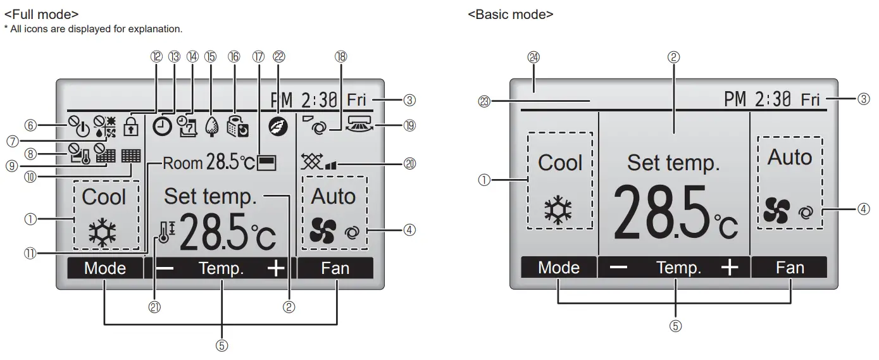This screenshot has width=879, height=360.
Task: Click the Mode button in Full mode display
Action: tap(105, 268)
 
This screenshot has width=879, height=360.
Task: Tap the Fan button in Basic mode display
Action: tap(790, 268)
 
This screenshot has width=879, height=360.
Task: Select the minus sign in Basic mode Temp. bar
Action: tap(618, 268)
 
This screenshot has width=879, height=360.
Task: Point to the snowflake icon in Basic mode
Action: tap(558, 211)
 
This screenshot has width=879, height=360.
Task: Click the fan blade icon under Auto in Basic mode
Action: tap(776, 209)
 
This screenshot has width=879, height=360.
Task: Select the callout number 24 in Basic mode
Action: tap(533, 57)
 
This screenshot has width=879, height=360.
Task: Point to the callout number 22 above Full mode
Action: tap(278, 56)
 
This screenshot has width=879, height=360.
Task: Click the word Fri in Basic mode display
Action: tap(810, 100)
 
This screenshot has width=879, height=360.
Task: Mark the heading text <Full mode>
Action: tap(41, 13)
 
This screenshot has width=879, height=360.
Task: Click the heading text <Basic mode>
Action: tap(511, 14)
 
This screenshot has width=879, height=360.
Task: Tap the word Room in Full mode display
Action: tap(182, 164)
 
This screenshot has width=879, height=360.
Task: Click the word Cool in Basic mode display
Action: tap(559, 163)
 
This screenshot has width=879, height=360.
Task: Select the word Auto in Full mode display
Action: tap(333, 197)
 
